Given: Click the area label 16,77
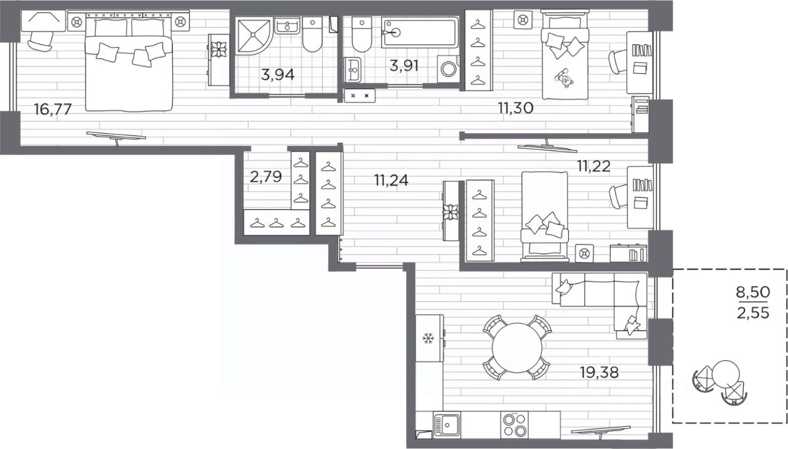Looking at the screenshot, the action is coord(53,109).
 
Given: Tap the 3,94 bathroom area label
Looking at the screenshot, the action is coord(278,75).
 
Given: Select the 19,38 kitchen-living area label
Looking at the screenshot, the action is coord(599,372).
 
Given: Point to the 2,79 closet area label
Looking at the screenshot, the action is coord(265,177).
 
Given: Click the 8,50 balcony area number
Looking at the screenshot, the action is coord(753,292).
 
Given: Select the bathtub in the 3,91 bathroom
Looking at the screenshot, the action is coord(420,33).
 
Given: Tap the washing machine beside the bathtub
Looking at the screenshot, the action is coord(449,69).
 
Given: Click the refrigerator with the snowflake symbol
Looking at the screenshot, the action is coord(430,338).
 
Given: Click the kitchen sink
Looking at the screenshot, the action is coord(447,425).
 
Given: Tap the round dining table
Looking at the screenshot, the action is coord(517,347).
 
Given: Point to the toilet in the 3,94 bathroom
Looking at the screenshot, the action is coord(312,34).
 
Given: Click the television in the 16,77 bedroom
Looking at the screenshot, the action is coord(116,137).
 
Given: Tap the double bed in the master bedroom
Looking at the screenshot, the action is coord(129,65).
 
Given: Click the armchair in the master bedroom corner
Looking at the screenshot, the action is coord(41,41).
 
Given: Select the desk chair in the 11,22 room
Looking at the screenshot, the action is coord(619,196).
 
